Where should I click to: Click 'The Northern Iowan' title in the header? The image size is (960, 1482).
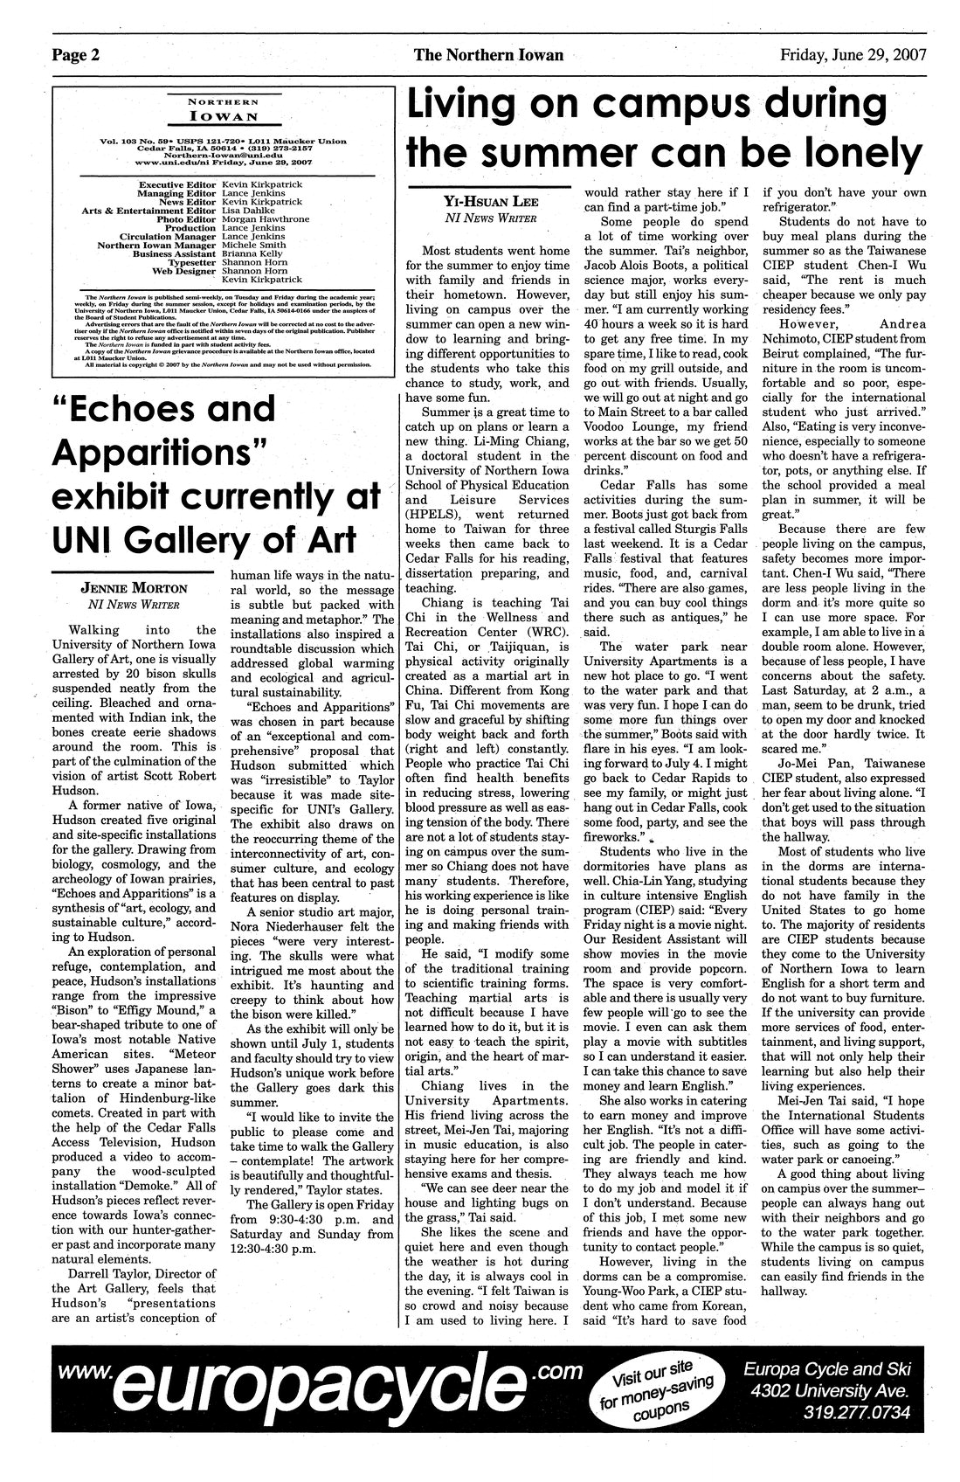click(x=488, y=55)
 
